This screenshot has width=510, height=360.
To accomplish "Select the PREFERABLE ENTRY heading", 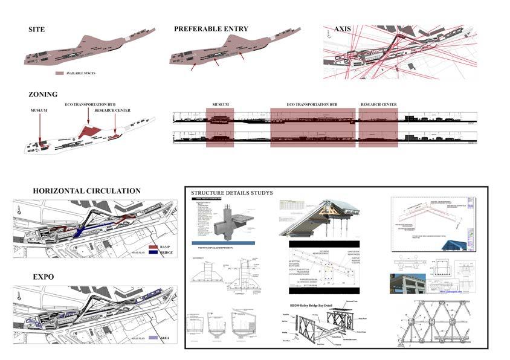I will coord(211,29).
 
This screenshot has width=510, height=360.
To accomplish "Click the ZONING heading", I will coord(43,94).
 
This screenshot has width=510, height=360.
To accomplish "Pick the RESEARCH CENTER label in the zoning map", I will coord(114,111).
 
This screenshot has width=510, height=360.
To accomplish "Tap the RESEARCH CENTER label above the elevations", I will coord(379,104).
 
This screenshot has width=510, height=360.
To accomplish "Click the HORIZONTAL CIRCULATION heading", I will coord(86,191).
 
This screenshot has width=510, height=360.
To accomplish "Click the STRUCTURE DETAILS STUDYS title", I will coord(232,193).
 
